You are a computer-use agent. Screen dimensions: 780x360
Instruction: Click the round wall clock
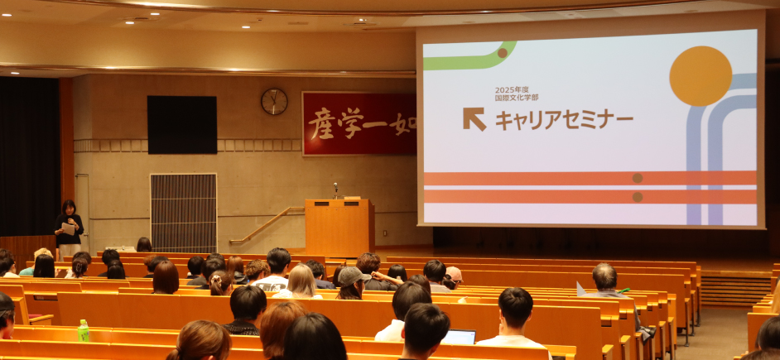tap(274, 102)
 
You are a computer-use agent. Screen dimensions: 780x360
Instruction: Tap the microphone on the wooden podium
tap(336, 190)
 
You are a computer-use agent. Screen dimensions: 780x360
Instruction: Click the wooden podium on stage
tap(339, 227)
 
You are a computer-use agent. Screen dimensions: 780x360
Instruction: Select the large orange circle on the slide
tap(701, 76)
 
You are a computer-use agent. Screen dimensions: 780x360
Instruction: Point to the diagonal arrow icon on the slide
tap(474, 119)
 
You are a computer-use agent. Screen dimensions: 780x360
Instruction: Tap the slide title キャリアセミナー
tap(564, 120)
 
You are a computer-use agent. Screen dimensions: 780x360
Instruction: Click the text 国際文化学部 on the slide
tap(517, 98)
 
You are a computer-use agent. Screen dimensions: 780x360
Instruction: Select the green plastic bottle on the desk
tap(83, 331)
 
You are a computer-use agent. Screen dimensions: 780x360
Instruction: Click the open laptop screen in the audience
tap(460, 337)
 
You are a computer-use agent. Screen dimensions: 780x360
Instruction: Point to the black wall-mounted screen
tap(181, 125)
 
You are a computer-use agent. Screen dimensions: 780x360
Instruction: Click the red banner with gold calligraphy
tap(359, 124)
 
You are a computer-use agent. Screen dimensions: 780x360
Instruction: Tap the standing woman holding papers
tap(69, 228)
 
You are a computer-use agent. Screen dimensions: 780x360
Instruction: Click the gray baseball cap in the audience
tap(352, 276)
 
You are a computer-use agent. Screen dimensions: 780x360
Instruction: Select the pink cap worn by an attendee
tap(453, 274)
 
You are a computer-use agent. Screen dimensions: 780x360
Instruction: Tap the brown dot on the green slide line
tap(503, 53)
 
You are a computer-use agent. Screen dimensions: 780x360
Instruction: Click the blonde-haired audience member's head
tap(301, 280)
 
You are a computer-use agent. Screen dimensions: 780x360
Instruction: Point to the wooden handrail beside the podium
tap(267, 225)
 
